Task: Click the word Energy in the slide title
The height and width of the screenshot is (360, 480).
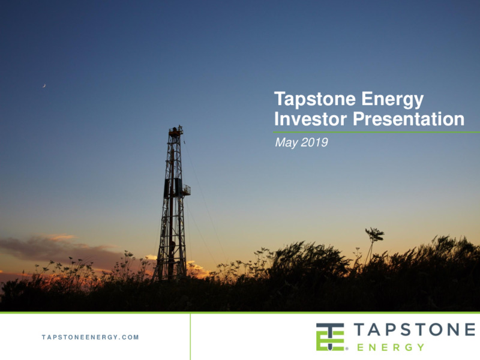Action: coord(392,100)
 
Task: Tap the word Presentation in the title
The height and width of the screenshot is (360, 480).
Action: coord(409,119)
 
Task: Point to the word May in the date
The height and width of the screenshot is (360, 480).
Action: coord(286,143)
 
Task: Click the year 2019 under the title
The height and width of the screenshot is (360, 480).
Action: coord(314,142)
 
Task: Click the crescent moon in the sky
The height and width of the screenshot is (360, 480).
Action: coord(44,86)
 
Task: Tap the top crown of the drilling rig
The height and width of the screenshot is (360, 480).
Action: coord(176,131)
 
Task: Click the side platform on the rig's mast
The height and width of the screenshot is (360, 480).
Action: coord(187,190)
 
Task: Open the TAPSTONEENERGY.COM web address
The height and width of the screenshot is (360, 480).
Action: coord(91,337)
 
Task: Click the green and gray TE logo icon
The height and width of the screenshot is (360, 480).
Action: coord(330,337)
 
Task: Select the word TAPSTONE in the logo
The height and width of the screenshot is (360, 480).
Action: coord(415,329)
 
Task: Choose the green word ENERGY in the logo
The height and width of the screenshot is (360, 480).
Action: coord(391,347)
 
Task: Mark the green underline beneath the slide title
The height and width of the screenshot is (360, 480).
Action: coord(377,132)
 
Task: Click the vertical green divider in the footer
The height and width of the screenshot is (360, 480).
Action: coord(190,337)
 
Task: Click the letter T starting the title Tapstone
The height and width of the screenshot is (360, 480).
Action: coord(280,98)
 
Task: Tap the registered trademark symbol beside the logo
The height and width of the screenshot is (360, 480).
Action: coord(347,349)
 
